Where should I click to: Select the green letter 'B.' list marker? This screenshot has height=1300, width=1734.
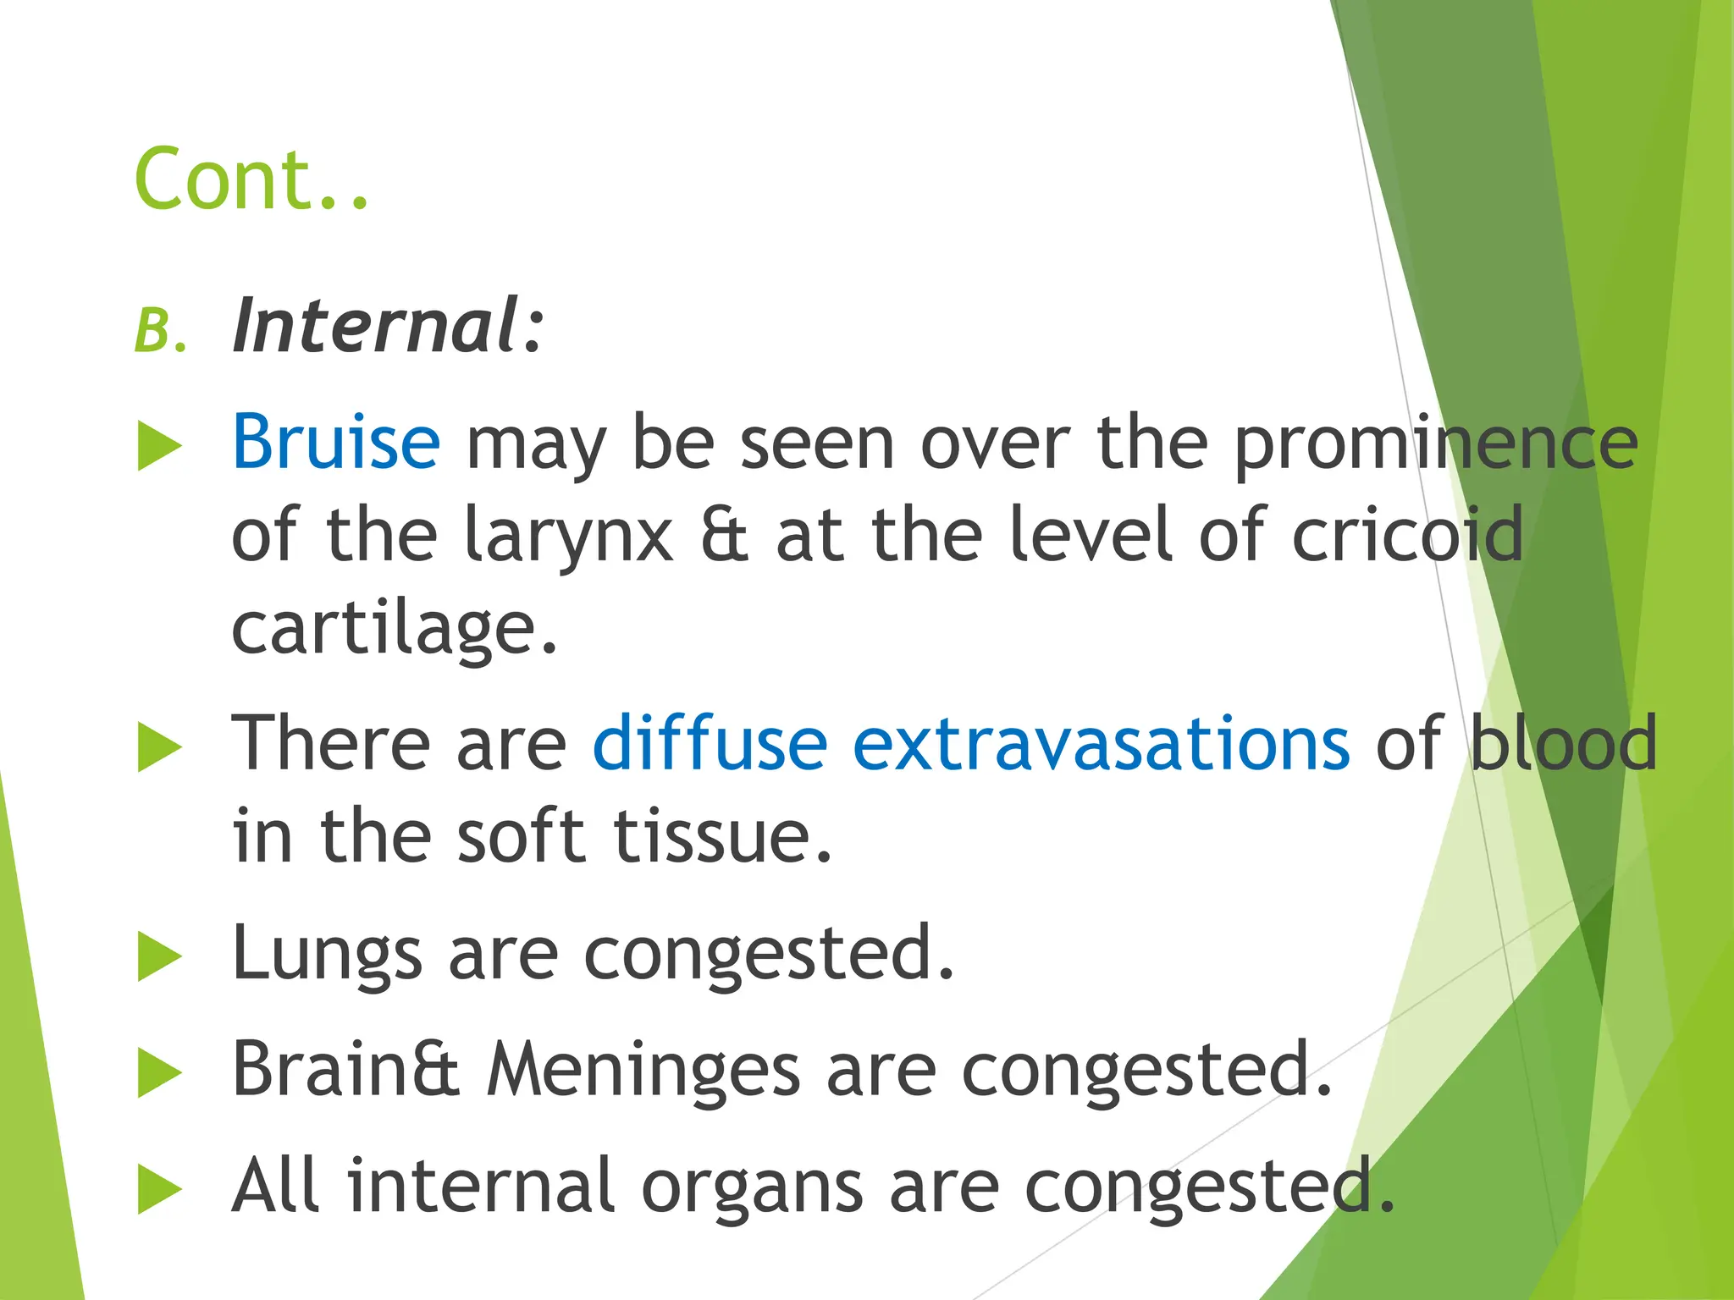[159, 330]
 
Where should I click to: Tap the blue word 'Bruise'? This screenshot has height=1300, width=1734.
[336, 442]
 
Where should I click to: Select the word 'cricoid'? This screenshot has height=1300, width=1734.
[1406, 535]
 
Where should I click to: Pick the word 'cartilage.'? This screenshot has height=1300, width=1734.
[395, 630]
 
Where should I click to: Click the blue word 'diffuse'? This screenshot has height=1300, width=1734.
[710, 744]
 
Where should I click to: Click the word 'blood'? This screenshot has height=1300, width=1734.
[1563, 744]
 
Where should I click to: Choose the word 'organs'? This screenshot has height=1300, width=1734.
[752, 1187]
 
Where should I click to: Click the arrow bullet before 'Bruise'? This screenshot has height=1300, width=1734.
[159, 446]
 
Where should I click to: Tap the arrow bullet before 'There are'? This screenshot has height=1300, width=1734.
[159, 747]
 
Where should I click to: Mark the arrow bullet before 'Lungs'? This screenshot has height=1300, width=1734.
[159, 957]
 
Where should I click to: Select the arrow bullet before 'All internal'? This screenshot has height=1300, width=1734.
[159, 1189]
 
